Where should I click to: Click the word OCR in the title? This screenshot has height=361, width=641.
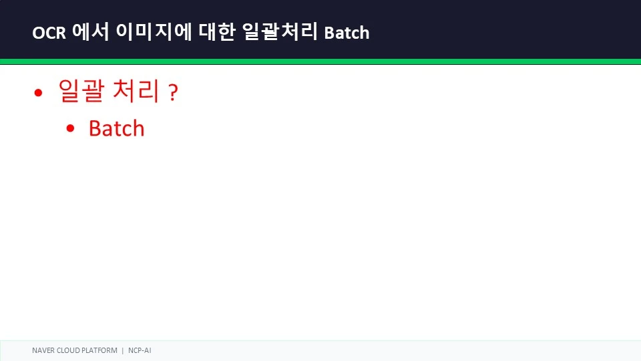49,33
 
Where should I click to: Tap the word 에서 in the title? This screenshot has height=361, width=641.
91,32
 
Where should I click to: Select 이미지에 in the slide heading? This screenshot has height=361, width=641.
154,32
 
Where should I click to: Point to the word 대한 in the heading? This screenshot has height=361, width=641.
217,32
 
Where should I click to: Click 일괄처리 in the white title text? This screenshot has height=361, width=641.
280,32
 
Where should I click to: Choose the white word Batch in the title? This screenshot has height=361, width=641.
347,33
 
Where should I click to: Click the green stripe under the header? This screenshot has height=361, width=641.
320,62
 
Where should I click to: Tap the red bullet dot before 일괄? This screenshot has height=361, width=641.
39,93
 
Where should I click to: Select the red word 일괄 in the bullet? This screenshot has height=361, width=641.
81,90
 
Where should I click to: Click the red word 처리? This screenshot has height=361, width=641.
136,90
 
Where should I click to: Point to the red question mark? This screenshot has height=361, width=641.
174,92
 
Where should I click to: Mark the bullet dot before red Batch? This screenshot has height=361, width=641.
70,128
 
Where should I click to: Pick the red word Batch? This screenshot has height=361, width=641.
116,128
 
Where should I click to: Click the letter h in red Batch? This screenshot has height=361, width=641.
138,128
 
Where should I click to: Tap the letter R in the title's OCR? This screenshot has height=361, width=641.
61,33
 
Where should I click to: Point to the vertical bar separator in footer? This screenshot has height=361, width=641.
123,351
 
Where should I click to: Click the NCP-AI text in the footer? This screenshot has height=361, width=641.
140,350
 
